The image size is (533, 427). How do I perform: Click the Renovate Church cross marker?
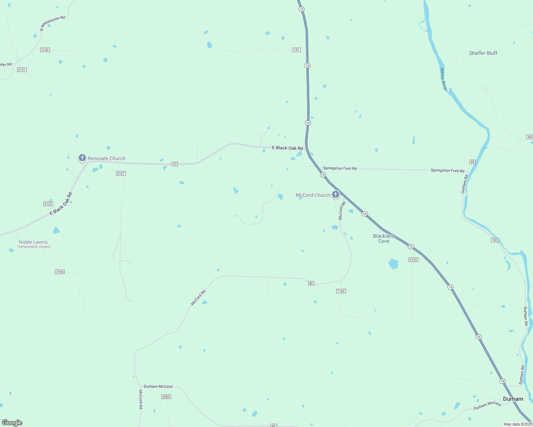[x=82, y=158]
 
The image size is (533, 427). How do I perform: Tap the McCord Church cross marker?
[x=335, y=194]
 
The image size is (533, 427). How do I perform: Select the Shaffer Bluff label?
[x=483, y=53]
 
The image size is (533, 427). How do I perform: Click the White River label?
[x=443, y=79]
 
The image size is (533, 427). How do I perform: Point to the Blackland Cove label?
[x=384, y=238]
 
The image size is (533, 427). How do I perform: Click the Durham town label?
[x=513, y=399]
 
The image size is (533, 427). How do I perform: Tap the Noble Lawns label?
[x=33, y=242]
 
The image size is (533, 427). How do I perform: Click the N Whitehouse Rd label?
[x=52, y=23]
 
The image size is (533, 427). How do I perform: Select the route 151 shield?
[x=297, y=50]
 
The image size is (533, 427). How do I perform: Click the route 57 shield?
[x=175, y=164]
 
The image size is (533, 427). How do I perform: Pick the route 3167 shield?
[x=121, y=173]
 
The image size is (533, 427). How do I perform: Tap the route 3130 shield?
[x=45, y=50]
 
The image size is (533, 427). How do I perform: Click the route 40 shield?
[x=311, y=283]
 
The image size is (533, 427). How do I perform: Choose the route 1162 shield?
[x=341, y=291]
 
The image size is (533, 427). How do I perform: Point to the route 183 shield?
[x=495, y=240]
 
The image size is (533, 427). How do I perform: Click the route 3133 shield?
[x=413, y=260]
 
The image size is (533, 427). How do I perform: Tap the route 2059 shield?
[x=166, y=397]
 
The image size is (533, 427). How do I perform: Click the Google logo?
[x=12, y=423]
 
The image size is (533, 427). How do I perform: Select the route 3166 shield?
[x=59, y=272]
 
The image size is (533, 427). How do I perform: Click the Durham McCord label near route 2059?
[x=158, y=386]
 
